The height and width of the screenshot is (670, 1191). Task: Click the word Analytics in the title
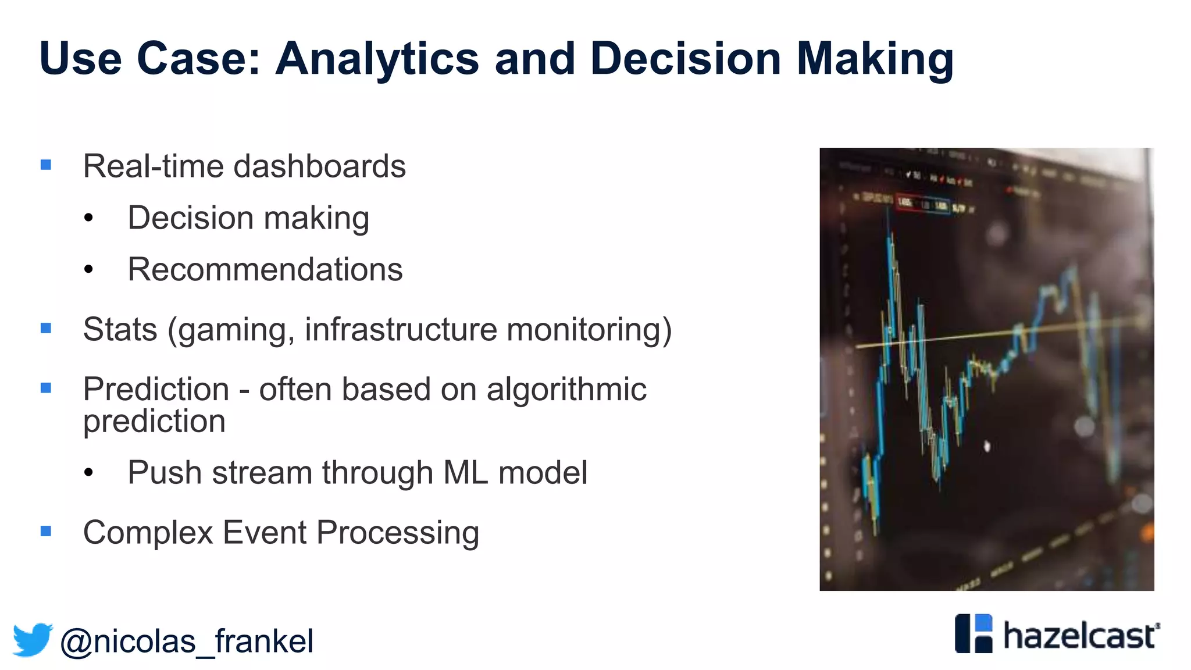[377, 59]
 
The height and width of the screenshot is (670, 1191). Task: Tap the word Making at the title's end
[875, 59]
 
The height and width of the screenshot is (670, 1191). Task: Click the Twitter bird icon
[33, 640]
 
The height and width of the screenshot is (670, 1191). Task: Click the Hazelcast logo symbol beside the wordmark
[974, 633]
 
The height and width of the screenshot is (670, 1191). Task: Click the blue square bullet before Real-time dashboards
[46, 165]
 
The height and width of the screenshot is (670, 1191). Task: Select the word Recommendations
[265, 269]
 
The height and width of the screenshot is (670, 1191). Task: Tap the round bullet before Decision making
[88, 218]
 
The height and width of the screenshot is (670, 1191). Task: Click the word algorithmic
[566, 389]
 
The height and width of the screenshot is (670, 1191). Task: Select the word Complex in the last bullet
[148, 533]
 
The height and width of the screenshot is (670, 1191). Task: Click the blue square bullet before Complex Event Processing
[46, 531]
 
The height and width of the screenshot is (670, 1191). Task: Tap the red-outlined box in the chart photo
[905, 202]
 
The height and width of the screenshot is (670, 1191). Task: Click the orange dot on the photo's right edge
[1148, 532]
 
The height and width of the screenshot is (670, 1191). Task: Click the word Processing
[398, 533]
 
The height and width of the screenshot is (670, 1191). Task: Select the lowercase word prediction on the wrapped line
[154, 422]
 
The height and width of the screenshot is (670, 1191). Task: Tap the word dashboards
[319, 166]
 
